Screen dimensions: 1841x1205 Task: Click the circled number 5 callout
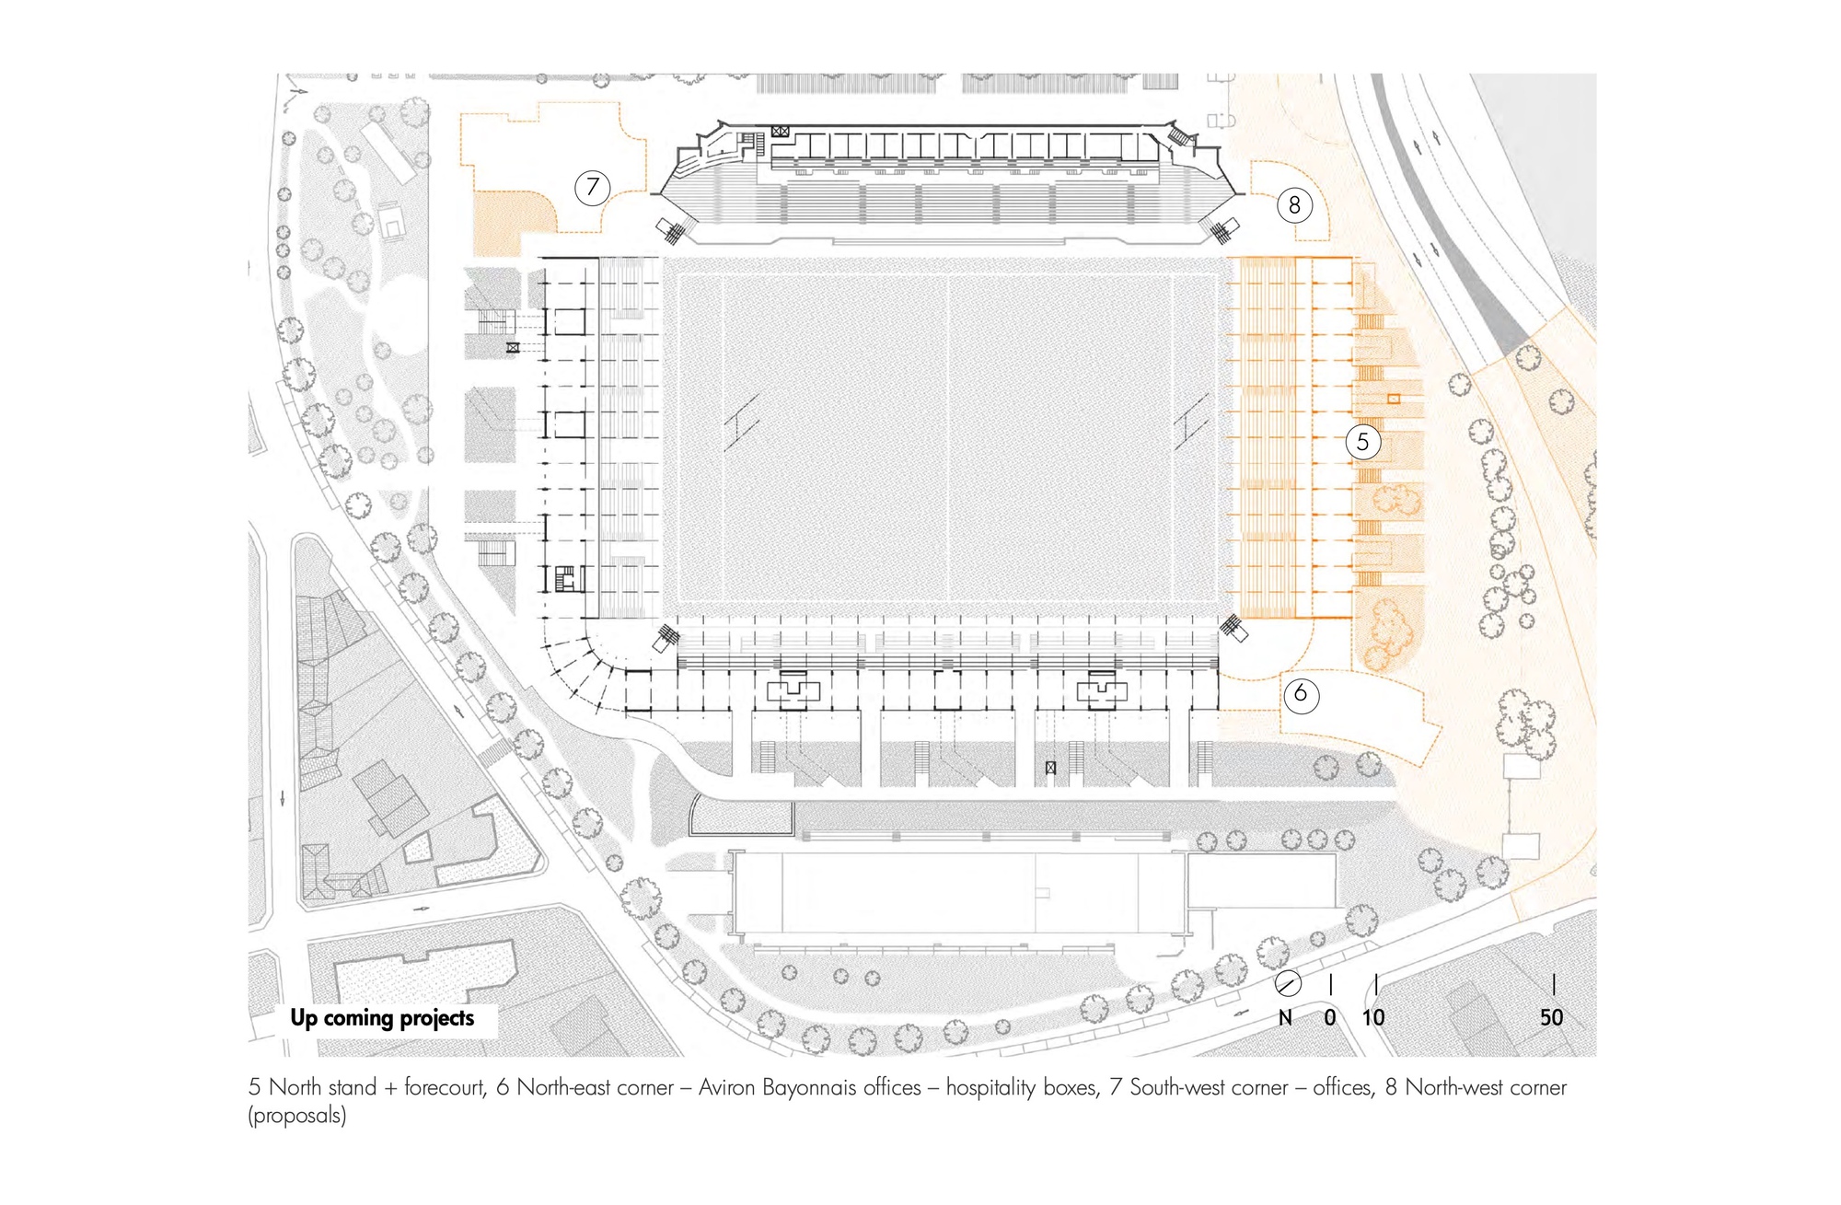tap(1362, 442)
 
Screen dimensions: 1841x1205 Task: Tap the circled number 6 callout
tap(1301, 693)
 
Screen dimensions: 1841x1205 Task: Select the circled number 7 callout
tap(593, 188)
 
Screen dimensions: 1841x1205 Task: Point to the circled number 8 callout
tap(1294, 205)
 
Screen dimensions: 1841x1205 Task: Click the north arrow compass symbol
tap(1288, 984)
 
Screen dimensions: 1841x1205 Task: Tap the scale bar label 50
tap(1552, 1017)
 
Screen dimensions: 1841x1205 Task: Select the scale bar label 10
tap(1373, 1017)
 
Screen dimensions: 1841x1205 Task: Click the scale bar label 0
tap(1330, 1017)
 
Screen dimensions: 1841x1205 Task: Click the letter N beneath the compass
tap(1286, 1017)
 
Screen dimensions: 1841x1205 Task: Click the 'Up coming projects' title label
tap(382, 1018)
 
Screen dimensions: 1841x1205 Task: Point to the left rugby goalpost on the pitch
tap(742, 423)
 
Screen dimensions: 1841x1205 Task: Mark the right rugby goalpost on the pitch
tap(1191, 423)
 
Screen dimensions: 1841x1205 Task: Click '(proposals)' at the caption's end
tap(296, 1116)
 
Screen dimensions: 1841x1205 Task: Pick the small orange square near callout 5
tap(1394, 399)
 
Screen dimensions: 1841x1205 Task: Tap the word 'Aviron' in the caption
tap(727, 1087)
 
